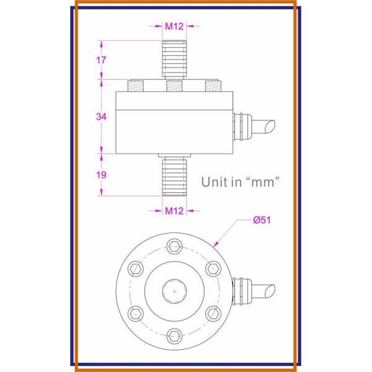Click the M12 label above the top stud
coord(174,27)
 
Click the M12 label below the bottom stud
coord(174,211)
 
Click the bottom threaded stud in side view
coord(175,176)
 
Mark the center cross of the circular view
coord(175,290)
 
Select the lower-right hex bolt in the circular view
coord(214,313)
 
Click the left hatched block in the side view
coord(136,85)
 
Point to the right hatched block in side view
coord(213,85)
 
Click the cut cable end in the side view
coord(268,123)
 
